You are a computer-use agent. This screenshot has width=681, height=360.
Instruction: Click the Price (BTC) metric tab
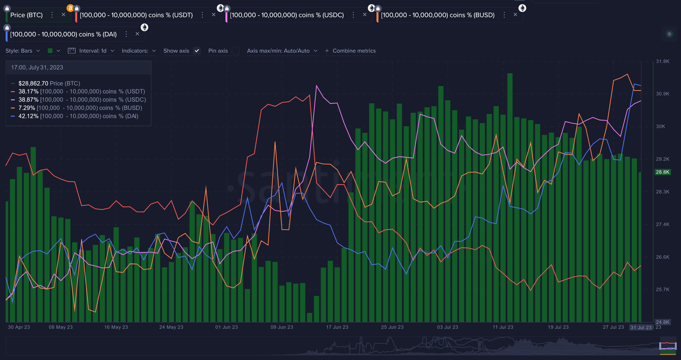coord(27,15)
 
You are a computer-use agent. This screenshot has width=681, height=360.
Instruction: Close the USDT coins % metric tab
coord(214,15)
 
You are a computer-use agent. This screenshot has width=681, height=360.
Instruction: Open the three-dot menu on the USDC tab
coord(353,15)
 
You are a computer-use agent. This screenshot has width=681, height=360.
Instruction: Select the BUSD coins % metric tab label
coord(437,15)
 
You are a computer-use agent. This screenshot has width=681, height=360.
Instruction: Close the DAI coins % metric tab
coord(137,34)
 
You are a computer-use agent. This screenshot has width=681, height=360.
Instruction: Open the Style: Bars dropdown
coord(23,51)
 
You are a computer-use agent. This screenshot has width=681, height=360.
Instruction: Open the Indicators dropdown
coord(139,51)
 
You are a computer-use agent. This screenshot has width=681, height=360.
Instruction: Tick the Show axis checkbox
coord(197,51)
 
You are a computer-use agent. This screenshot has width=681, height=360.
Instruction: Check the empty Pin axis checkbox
coord(235,51)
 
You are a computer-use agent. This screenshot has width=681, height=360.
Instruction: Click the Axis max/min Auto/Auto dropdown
coord(282,51)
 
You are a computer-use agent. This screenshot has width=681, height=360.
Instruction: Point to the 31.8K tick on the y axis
coord(662,62)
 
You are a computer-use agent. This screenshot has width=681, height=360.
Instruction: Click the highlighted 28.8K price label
coord(663,172)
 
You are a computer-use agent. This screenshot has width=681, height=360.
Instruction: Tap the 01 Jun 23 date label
coord(226,327)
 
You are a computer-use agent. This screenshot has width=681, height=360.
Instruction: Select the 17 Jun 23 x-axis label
coord(337,327)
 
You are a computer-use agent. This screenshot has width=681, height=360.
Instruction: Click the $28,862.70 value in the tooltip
coord(33,83)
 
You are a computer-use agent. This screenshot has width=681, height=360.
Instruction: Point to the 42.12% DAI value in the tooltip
coord(28,116)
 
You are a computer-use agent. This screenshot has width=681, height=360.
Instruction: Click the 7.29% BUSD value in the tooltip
coord(27,108)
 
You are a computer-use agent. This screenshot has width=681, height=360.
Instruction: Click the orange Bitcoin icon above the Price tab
coord(70,8)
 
